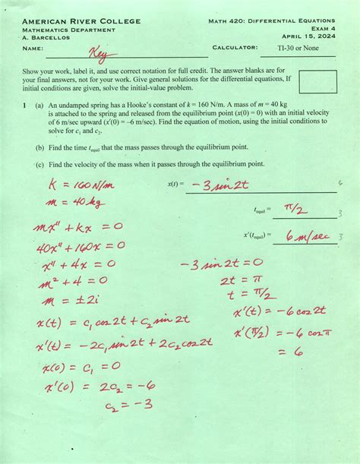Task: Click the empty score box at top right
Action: (x=317, y=81)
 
